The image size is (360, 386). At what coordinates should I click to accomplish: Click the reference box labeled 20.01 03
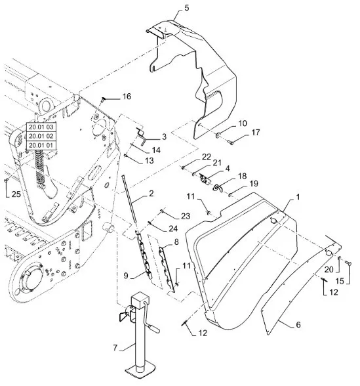(x=41, y=127)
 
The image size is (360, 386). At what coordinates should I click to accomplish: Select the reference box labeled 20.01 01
(x=41, y=145)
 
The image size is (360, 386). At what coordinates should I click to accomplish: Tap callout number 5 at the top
(x=187, y=8)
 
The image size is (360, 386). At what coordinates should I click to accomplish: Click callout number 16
(x=127, y=96)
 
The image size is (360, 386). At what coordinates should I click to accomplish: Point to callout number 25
(x=16, y=194)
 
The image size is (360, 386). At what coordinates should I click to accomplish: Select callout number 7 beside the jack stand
(x=115, y=348)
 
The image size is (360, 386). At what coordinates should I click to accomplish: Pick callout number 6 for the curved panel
(x=298, y=325)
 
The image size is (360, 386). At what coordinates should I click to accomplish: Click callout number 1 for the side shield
(x=298, y=197)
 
